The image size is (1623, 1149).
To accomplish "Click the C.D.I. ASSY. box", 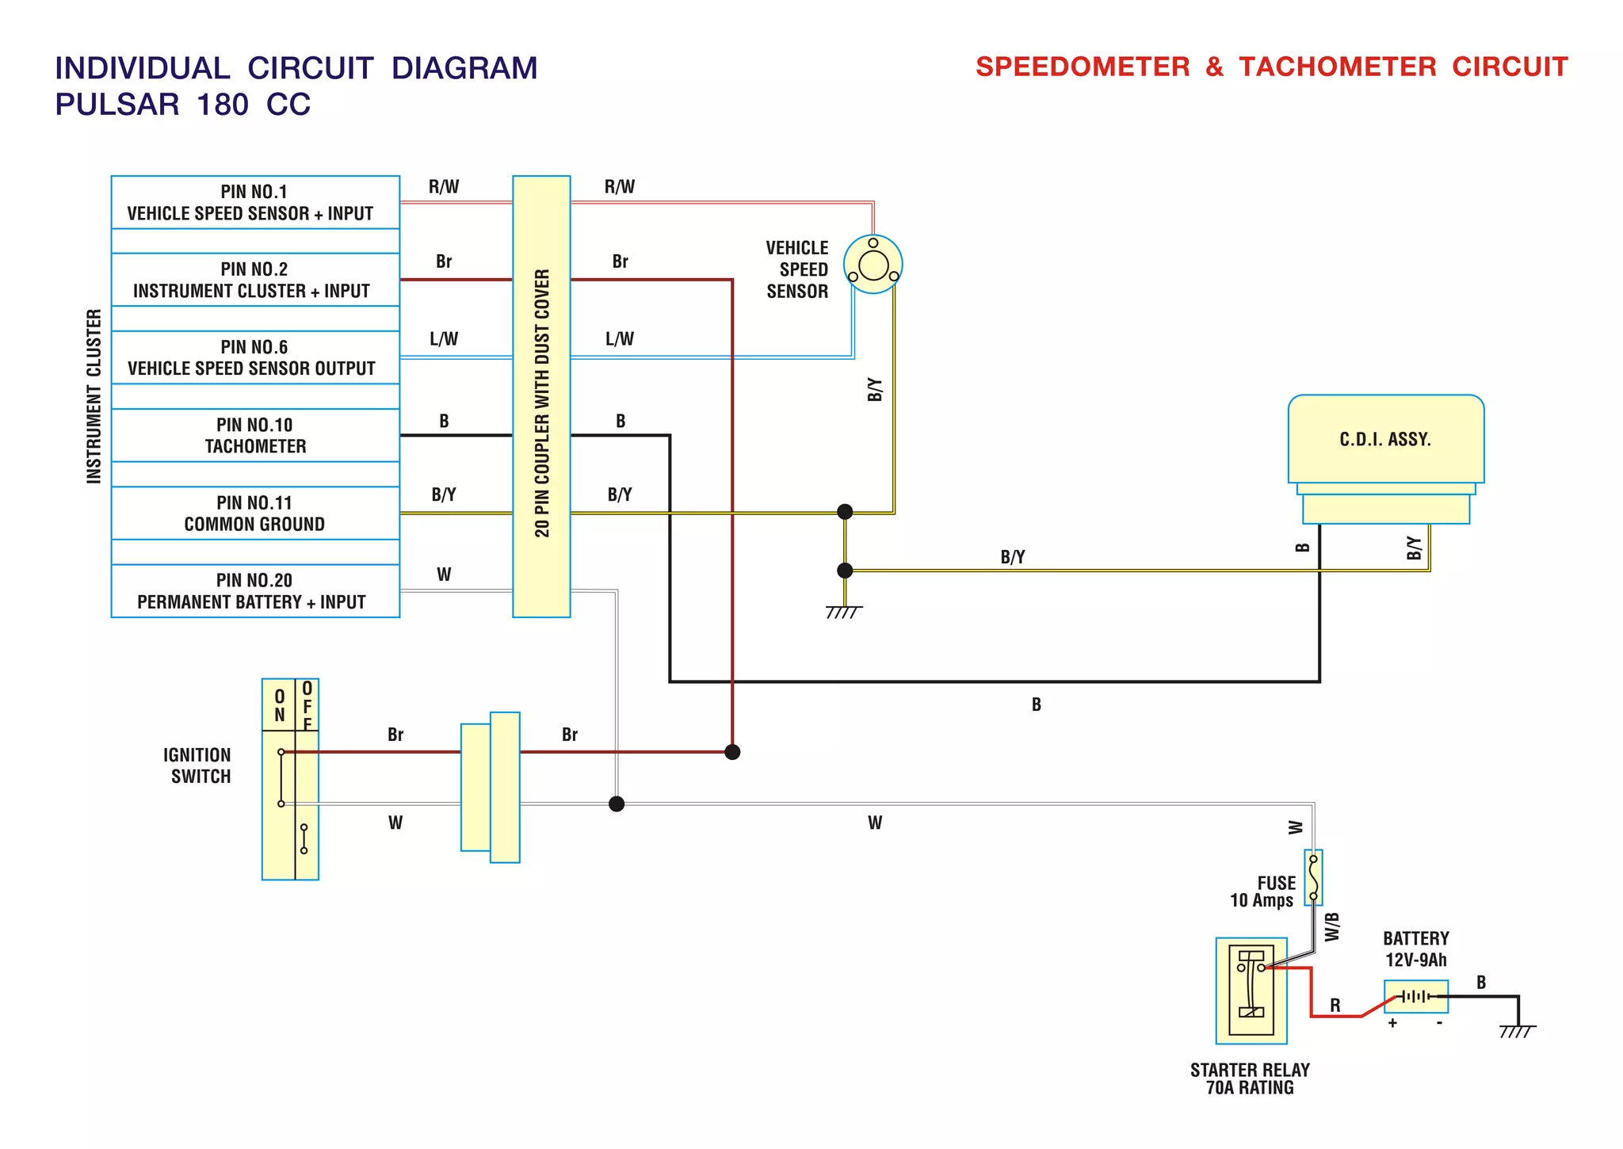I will [x=1385, y=440].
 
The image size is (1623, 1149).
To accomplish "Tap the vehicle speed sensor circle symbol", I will [x=873, y=265].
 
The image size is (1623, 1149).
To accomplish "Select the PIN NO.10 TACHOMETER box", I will [x=255, y=435].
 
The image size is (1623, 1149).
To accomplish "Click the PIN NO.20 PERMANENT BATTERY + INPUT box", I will [x=255, y=591].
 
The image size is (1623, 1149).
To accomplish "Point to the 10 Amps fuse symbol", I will [x=1313, y=877].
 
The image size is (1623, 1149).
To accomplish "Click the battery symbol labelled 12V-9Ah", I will [x=1415, y=996].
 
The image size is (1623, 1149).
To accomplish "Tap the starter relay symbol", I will [x=1251, y=991].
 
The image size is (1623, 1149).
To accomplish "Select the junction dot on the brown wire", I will [x=732, y=751].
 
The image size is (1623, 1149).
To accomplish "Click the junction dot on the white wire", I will [x=617, y=804].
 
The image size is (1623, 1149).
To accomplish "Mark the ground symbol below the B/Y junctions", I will [x=844, y=611].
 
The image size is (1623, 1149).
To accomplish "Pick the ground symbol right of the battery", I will [x=1517, y=1030].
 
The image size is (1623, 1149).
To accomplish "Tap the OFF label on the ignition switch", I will [x=307, y=705].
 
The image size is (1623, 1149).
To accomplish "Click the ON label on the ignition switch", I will [x=279, y=705].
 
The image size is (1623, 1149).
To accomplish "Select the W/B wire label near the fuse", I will [x=1332, y=926].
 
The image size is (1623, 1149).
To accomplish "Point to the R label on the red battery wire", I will [x=1335, y=1005].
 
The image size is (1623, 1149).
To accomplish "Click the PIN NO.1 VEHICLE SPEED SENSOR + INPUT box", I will [x=255, y=202].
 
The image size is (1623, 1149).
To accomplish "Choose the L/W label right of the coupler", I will [x=619, y=339].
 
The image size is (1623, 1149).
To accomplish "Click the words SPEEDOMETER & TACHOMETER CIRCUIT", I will [x=1271, y=67].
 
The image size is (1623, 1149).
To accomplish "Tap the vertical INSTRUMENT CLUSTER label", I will [x=94, y=396].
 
